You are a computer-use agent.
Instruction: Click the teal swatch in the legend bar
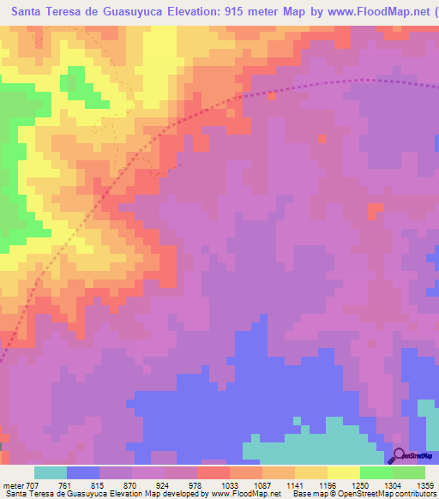tap(51, 472)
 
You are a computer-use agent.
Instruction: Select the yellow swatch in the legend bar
tap(344, 472)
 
